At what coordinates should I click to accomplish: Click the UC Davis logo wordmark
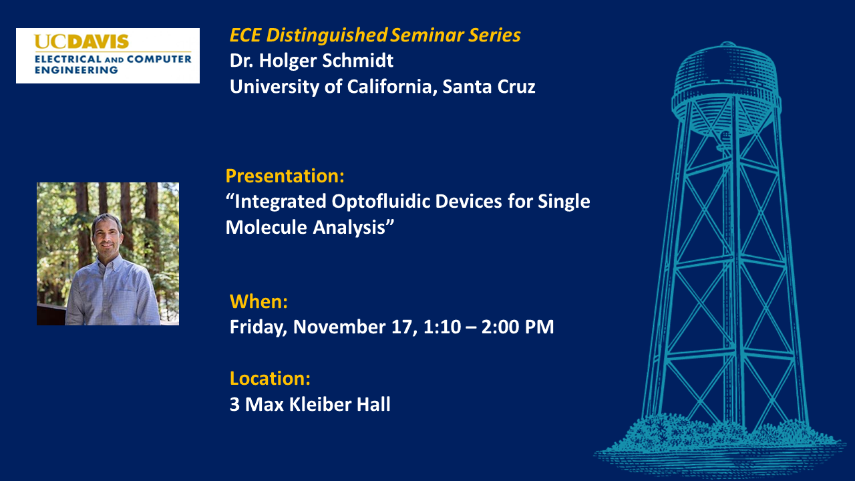81,41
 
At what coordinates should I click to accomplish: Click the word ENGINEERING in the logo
76,70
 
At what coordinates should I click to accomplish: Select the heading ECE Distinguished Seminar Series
375,35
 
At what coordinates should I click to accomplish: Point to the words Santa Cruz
489,86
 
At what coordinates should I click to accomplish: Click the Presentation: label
285,176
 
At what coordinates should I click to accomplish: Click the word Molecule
267,227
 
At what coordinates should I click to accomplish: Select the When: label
259,301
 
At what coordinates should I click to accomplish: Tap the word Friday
259,327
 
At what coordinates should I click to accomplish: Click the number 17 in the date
404,327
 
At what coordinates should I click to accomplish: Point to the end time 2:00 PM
518,327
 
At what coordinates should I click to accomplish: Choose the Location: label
271,378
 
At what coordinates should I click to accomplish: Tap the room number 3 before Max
234,405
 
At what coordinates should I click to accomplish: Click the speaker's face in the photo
107,236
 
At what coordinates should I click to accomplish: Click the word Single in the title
564,202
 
